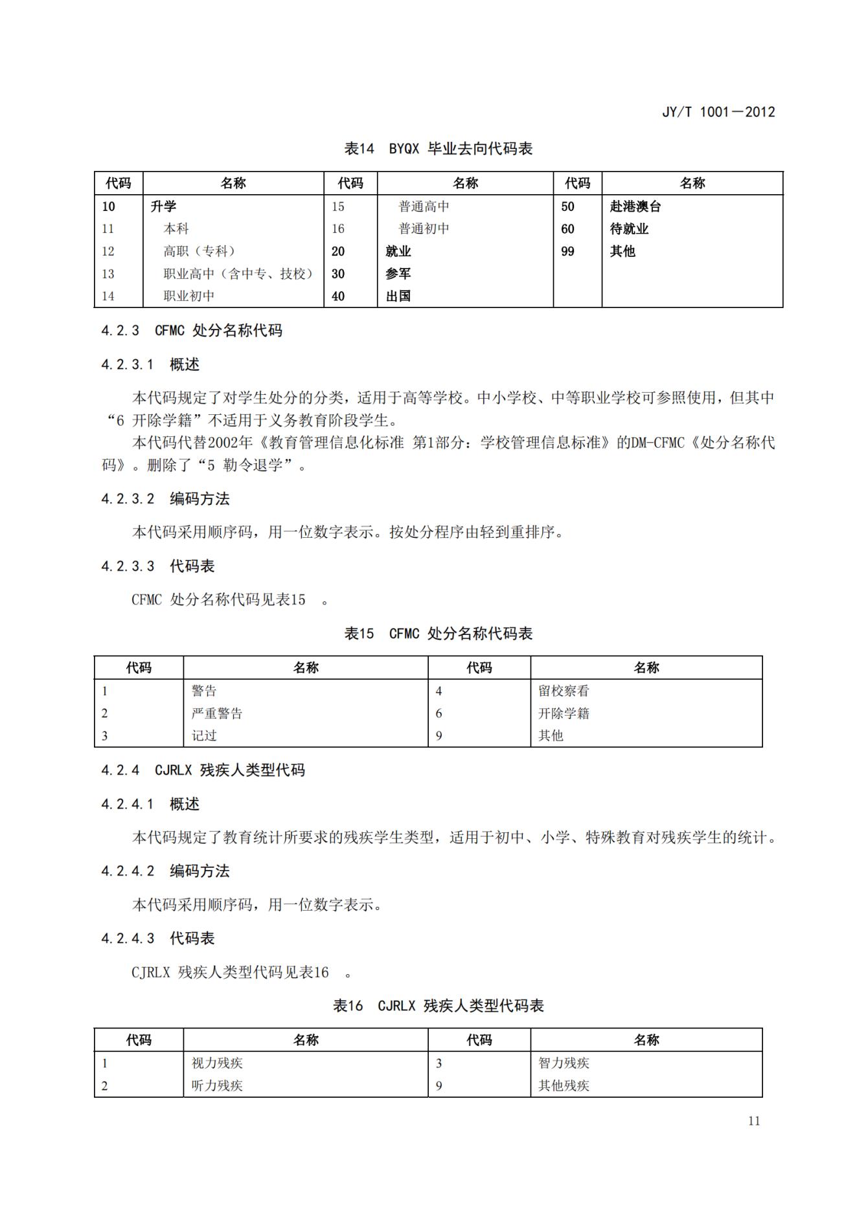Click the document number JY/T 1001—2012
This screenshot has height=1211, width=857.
click(x=718, y=112)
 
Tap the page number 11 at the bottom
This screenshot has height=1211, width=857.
click(x=753, y=1121)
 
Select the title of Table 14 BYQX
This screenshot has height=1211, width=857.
click(x=438, y=149)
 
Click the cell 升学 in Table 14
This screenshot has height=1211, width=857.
click(x=163, y=206)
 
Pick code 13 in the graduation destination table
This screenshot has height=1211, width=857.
click(x=108, y=274)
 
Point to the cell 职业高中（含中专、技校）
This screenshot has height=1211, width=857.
click(x=238, y=274)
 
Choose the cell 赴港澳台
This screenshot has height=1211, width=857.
click(x=635, y=206)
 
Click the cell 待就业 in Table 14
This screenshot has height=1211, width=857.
click(x=629, y=229)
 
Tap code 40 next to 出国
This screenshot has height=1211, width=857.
click(x=338, y=296)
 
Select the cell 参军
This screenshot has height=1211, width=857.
click(x=398, y=274)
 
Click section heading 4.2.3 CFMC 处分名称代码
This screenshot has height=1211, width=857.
click(x=192, y=331)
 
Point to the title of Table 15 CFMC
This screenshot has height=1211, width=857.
click(x=438, y=634)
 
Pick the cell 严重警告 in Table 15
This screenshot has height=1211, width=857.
click(x=217, y=713)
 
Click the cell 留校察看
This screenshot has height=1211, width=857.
click(x=564, y=691)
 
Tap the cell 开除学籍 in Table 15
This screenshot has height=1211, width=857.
click(x=564, y=713)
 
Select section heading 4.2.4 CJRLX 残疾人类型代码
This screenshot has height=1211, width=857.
click(x=203, y=770)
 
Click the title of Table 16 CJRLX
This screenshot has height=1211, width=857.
click(x=438, y=1006)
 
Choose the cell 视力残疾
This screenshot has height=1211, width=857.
click(x=217, y=1063)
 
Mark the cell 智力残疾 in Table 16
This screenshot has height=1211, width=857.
click(x=564, y=1063)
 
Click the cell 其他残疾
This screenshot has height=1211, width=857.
click(x=564, y=1085)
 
